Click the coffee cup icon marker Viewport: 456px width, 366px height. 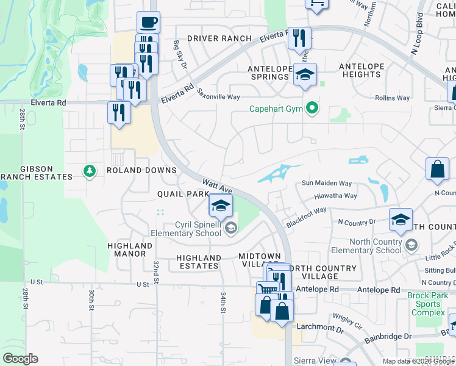pyautogui.click(x=148, y=23)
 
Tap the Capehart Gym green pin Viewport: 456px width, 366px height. pyautogui.click(x=313, y=109)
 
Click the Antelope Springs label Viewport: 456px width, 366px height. pyautogui.click(x=268, y=73)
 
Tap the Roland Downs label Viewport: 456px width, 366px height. pyautogui.click(x=141, y=170)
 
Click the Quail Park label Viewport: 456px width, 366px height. pyautogui.click(x=179, y=193)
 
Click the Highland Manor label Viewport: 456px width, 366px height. pyautogui.click(x=130, y=250)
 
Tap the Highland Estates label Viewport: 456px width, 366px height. pyautogui.click(x=198, y=262)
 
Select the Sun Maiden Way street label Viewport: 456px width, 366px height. pyautogui.click(x=327, y=183)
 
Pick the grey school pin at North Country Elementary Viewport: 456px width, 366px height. pyautogui.click(x=411, y=245)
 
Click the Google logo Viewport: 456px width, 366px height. pyautogui.click(x=20, y=359)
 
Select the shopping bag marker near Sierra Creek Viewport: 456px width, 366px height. pyautogui.click(x=438, y=170)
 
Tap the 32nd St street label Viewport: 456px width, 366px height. pyautogui.click(x=156, y=268)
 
